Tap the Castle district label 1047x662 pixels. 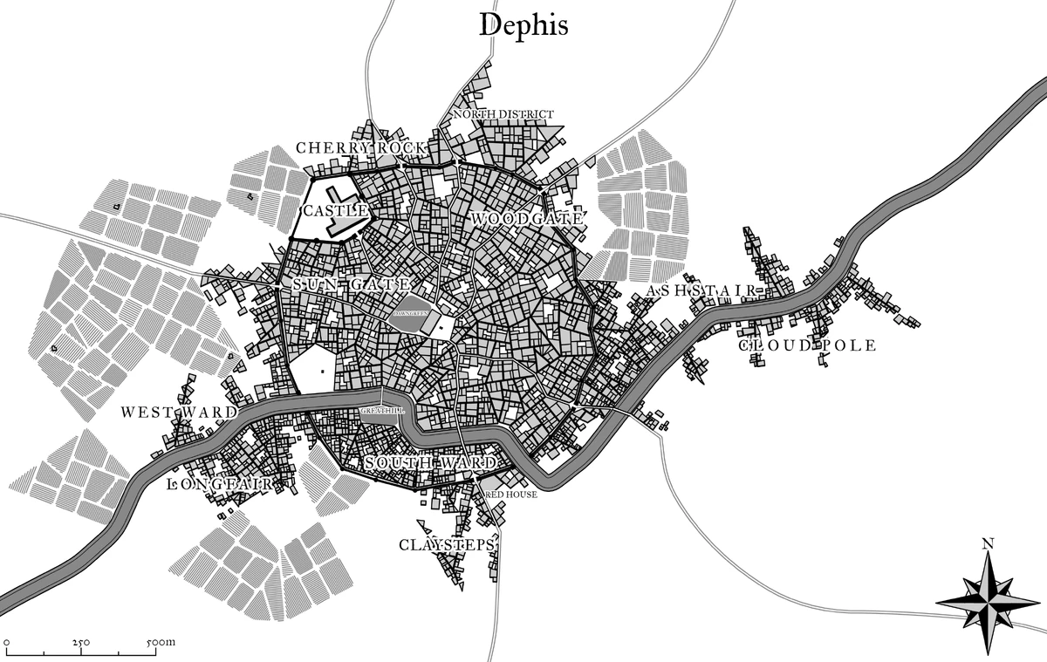[335, 211]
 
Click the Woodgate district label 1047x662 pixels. [526, 218]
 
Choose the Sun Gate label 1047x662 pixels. [351, 284]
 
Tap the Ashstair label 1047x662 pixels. [705, 290]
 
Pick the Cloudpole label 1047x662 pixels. [807, 345]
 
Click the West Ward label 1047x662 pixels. [178, 412]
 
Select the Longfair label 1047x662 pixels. [221, 482]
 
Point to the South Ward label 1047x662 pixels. [430, 462]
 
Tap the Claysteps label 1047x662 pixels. [447, 545]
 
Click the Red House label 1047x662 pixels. [511, 494]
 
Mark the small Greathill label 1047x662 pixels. [377, 410]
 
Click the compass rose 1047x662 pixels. [987, 603]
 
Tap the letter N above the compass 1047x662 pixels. [988, 544]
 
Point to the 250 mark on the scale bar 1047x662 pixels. [81, 642]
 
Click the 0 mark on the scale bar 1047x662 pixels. [6, 642]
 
